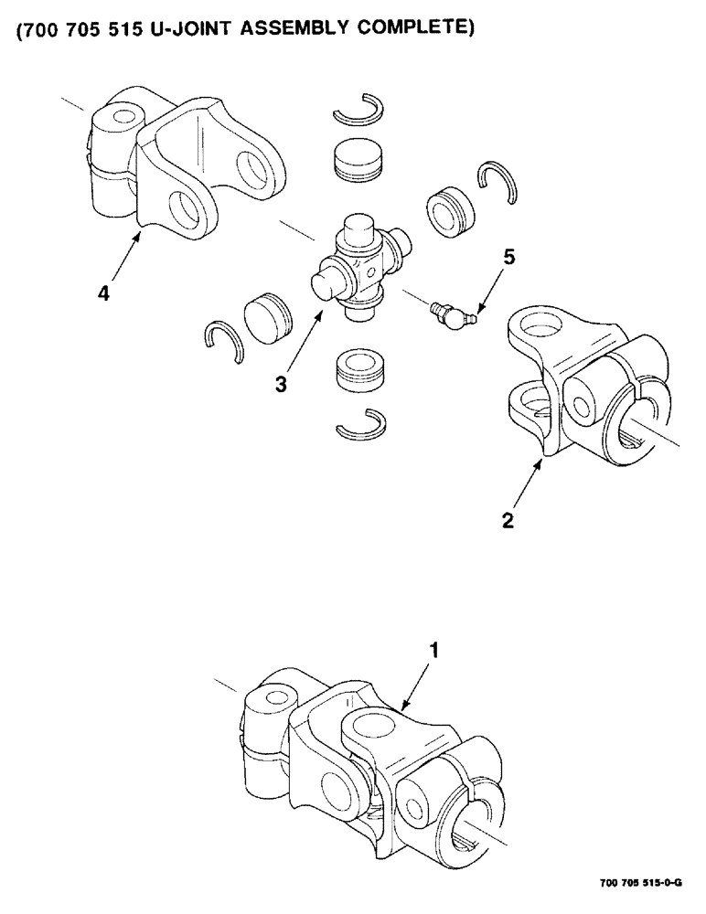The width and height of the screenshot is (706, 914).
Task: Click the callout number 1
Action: (435, 650)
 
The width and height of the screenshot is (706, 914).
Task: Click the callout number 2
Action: (509, 522)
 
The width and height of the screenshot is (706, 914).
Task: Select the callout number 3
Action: (282, 385)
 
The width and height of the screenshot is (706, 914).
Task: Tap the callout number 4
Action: (107, 295)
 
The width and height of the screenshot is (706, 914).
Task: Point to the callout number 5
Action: (508, 257)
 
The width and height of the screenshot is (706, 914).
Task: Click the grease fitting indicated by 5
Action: (451, 315)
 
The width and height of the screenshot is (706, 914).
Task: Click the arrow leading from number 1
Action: (418, 680)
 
